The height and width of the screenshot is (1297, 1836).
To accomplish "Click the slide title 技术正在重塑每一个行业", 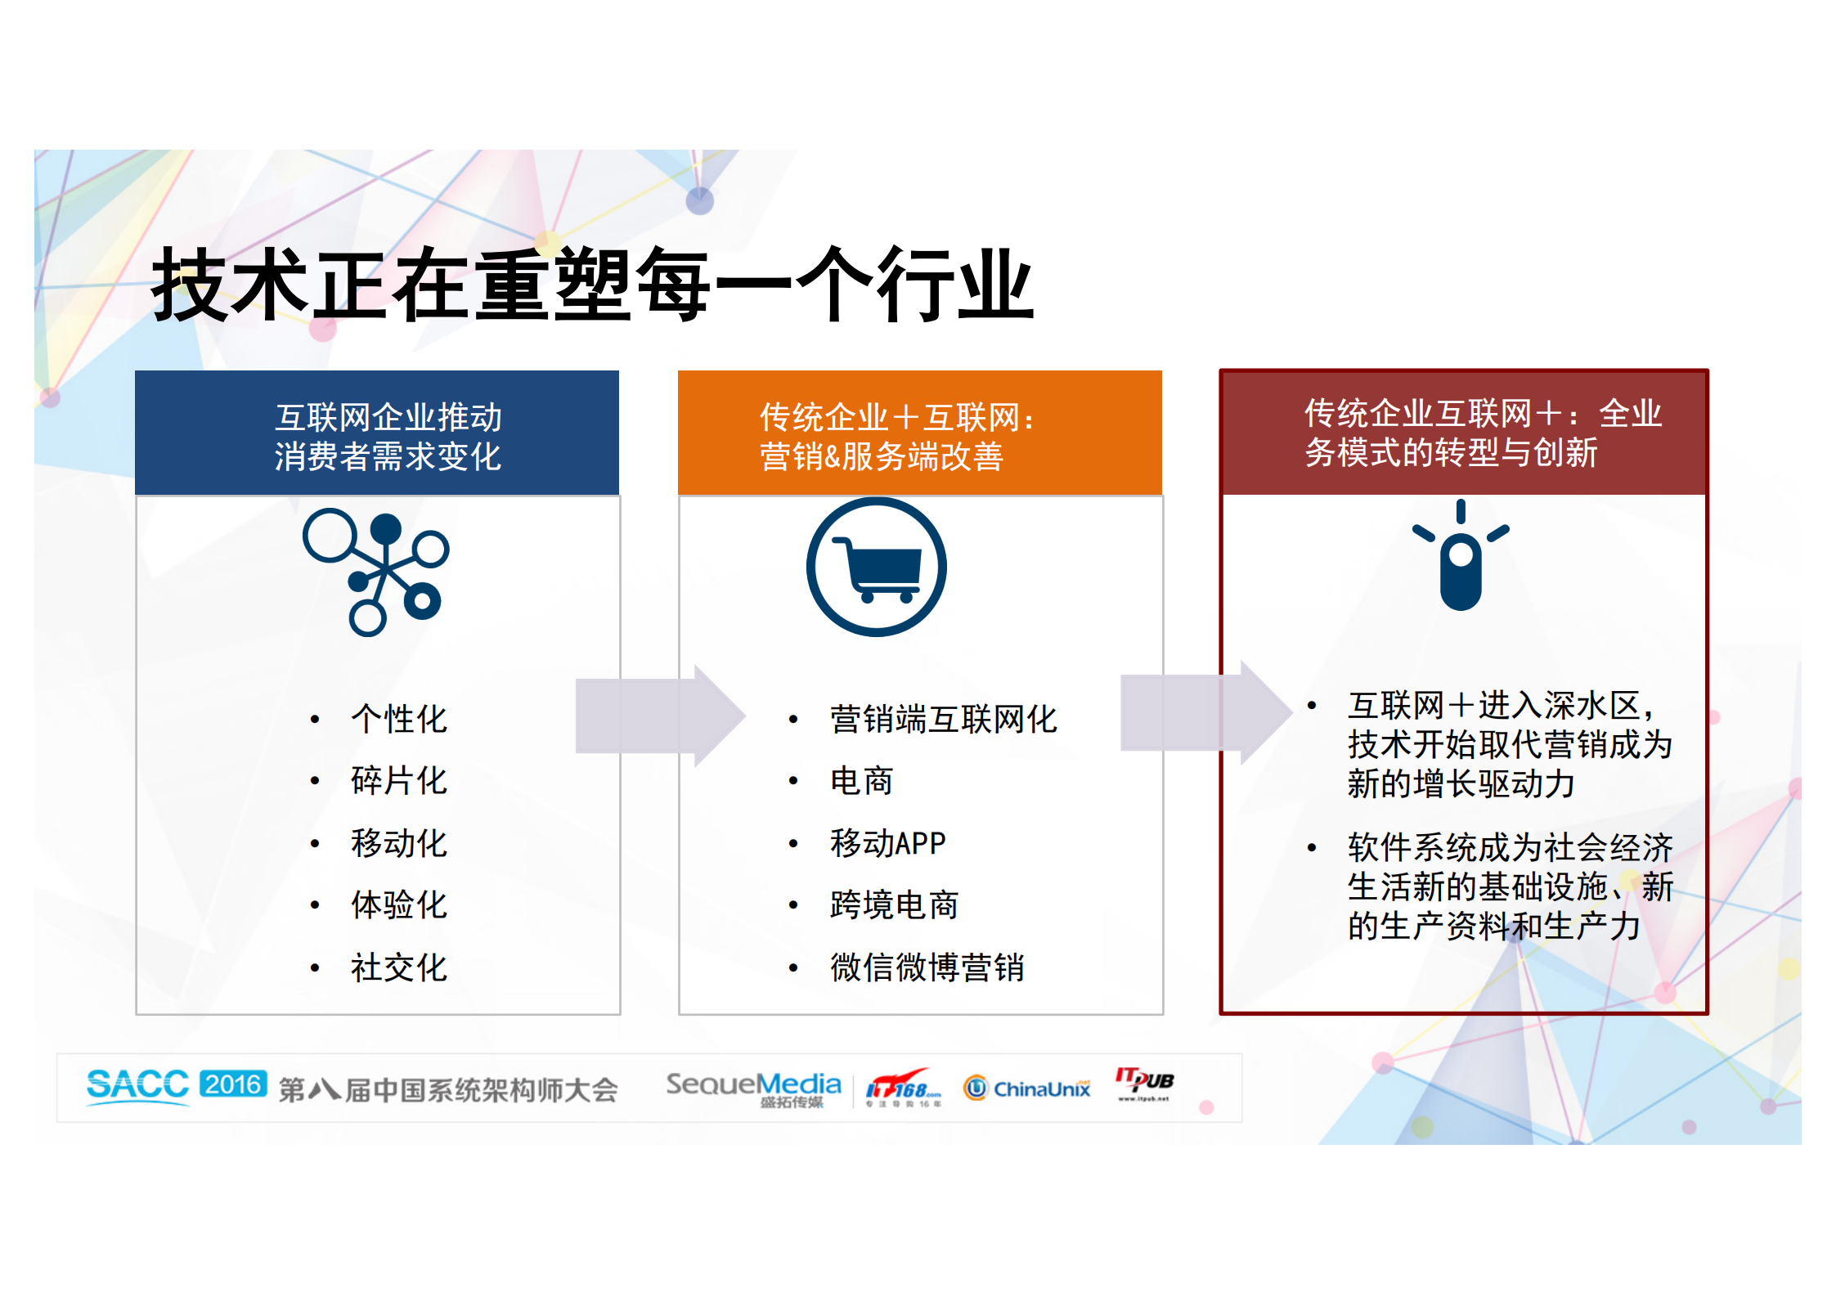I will [593, 285].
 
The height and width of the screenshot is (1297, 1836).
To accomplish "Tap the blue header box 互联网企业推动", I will [377, 433].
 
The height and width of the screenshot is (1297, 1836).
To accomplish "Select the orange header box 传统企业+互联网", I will [919, 433].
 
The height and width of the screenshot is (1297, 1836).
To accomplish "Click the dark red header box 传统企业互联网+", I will [1463, 433].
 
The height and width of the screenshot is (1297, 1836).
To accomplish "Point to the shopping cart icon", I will [877, 567].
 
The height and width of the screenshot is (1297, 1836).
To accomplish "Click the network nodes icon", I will [376, 572].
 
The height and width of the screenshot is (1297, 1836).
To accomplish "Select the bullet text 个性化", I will [399, 719].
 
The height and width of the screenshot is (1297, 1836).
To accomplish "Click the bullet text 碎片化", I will [399, 781].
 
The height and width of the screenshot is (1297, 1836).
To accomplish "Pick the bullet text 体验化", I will [399, 905].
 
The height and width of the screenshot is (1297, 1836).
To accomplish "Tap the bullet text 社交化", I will [399, 967].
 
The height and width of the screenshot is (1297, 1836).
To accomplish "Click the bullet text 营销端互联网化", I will [943, 720].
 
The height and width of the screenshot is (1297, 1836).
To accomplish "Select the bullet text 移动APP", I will [887, 843].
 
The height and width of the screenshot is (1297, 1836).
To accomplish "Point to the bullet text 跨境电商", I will [894, 905].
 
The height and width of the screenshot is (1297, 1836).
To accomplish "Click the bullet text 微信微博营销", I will [927, 967].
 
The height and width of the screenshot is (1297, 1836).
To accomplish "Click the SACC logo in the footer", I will [137, 1086].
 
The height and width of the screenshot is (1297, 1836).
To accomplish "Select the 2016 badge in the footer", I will [233, 1084].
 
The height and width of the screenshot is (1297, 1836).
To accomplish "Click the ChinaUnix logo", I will [1027, 1088].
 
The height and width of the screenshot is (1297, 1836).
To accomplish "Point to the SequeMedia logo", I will [753, 1088].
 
